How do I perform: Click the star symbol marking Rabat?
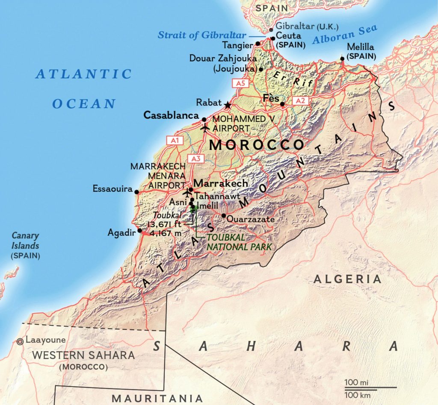(x=227, y=104)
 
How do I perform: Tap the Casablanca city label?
(x=171, y=115)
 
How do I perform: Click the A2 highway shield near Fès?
(x=300, y=100)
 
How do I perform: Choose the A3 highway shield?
(x=195, y=158)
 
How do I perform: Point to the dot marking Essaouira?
(x=136, y=192)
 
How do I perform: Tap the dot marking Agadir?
(x=139, y=231)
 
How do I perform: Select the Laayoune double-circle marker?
(x=20, y=341)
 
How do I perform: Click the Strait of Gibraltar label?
(x=201, y=35)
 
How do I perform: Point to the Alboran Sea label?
(x=345, y=35)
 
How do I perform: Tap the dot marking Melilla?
(x=342, y=59)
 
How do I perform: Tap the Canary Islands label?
(x=25, y=241)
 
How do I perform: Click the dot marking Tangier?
(x=257, y=44)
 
